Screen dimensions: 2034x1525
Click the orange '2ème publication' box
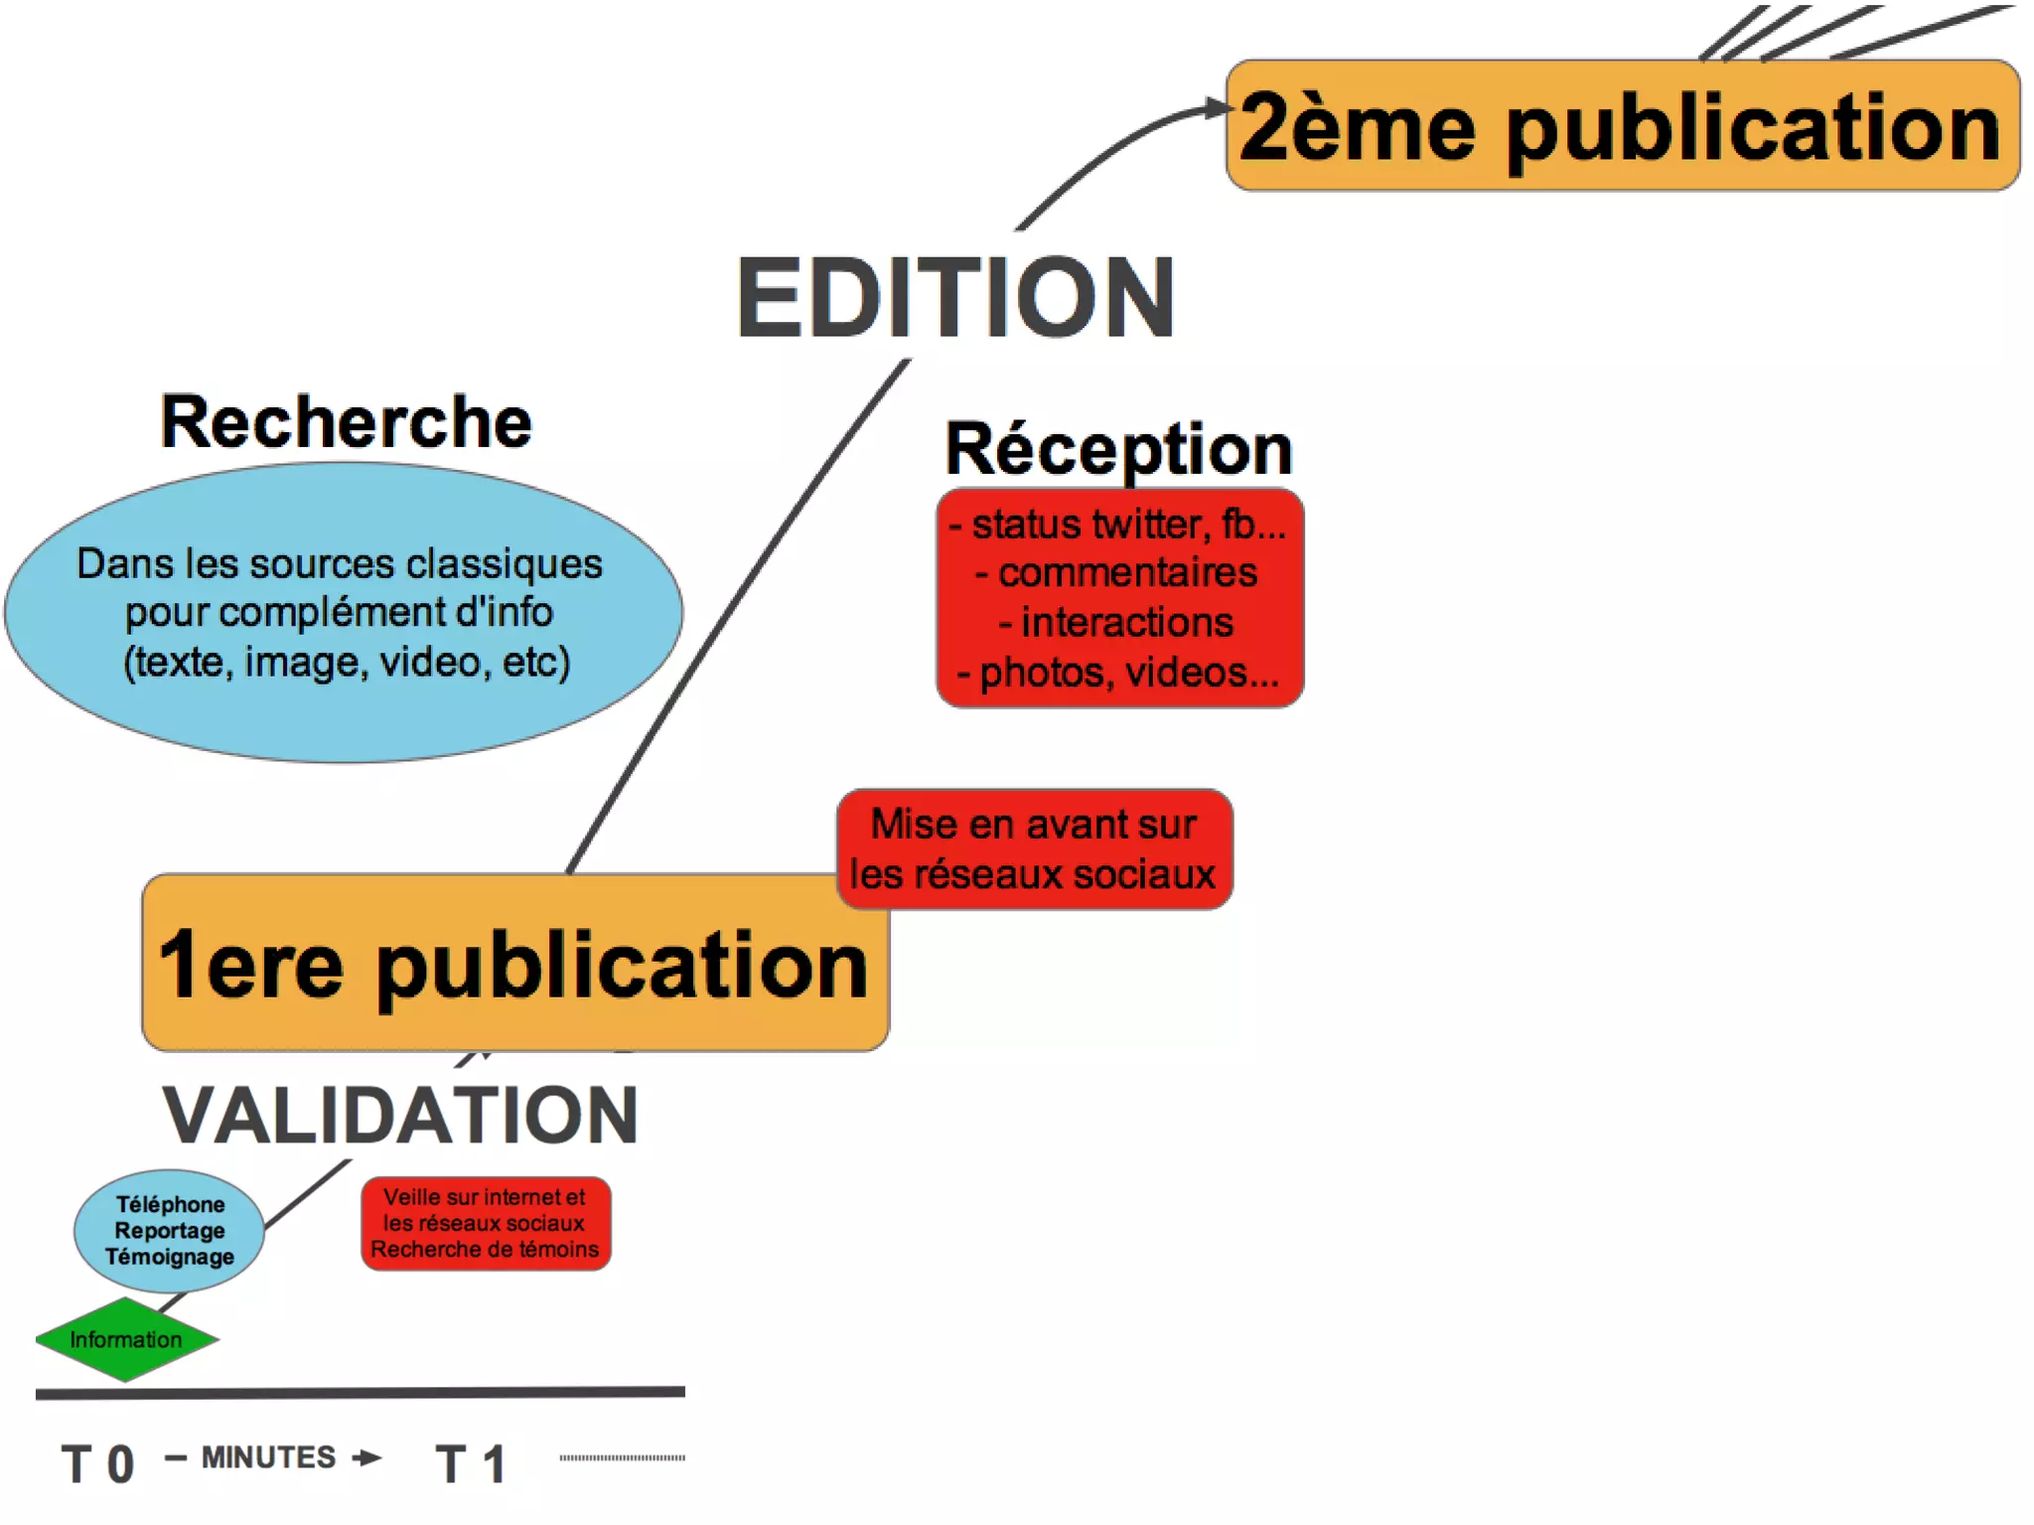pyautogui.click(x=1622, y=126)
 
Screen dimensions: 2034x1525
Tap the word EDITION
pyautogui.click(x=955, y=297)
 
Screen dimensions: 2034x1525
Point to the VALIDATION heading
pyautogui.click(x=400, y=1116)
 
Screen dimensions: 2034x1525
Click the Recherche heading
pyautogui.click(x=347, y=422)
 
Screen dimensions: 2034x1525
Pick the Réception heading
pyautogui.click(x=1118, y=449)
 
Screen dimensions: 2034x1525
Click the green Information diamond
pyautogui.click(x=126, y=1339)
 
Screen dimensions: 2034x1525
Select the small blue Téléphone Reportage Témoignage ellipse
pyautogui.click(x=170, y=1230)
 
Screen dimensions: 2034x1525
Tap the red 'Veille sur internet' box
pyautogui.click(x=486, y=1223)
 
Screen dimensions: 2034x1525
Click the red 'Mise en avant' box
pyautogui.click(x=1034, y=849)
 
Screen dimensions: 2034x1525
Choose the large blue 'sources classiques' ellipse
pyautogui.click(x=343, y=612)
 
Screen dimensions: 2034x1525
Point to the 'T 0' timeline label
pyautogui.click(x=97, y=1463)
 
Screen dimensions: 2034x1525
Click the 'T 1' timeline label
pyautogui.click(x=471, y=1463)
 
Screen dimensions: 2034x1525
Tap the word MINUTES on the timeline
pyautogui.click(x=268, y=1457)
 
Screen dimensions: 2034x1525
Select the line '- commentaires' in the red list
pyautogui.click(x=1117, y=573)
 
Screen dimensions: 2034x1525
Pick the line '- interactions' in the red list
pyautogui.click(x=1117, y=623)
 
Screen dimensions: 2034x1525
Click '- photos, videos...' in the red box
pyautogui.click(x=1118, y=673)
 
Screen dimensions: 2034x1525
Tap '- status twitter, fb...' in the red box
pyautogui.click(x=1118, y=525)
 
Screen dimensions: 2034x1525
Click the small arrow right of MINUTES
pyautogui.click(x=367, y=1457)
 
